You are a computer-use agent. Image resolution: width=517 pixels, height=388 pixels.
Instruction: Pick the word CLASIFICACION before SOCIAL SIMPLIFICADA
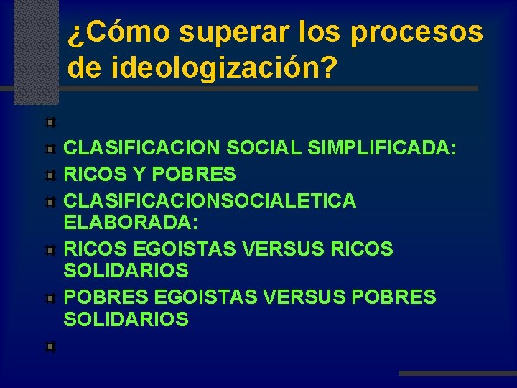(x=142, y=147)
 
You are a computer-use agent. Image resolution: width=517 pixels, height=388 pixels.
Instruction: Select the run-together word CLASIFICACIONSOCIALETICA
(x=210, y=200)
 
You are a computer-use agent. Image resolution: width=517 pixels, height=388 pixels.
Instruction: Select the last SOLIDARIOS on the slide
(x=126, y=320)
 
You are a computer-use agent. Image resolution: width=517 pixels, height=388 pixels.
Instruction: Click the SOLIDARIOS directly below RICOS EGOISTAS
(x=126, y=271)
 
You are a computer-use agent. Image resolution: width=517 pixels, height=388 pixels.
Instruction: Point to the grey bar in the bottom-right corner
(x=457, y=374)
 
